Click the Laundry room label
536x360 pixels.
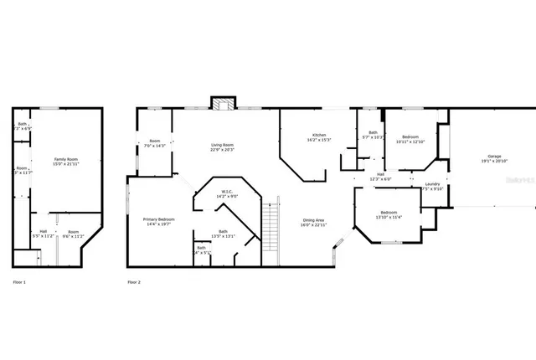[x=432, y=186]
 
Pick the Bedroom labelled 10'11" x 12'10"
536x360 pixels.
[x=410, y=139]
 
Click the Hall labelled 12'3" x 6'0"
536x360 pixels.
[x=380, y=177]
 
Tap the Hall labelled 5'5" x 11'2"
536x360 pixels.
[x=43, y=234]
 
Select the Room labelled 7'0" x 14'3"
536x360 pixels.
[x=155, y=143]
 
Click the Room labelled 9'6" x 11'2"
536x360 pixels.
[x=74, y=234]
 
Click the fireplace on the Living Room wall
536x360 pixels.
[x=222, y=104]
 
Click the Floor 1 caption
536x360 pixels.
[x=19, y=283]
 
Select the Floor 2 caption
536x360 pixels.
[x=134, y=283]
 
